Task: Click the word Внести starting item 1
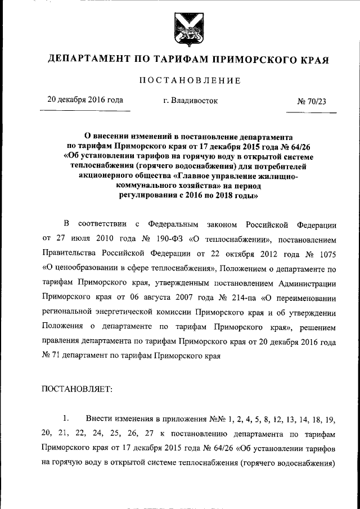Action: tap(100, 420)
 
